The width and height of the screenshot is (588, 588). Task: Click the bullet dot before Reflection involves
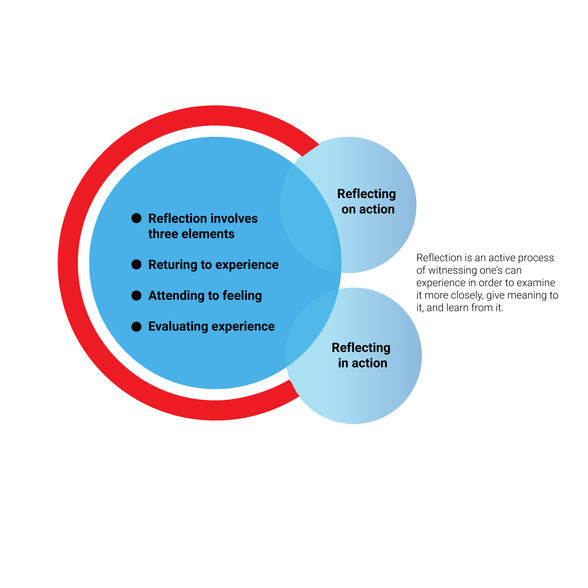136,218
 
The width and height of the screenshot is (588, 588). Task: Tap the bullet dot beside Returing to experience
136,265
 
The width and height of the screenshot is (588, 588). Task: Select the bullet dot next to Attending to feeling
136,296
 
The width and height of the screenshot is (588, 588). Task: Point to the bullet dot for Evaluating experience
136,327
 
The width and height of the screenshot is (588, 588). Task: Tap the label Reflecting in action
361,355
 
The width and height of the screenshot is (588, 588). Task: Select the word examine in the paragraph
536,283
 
